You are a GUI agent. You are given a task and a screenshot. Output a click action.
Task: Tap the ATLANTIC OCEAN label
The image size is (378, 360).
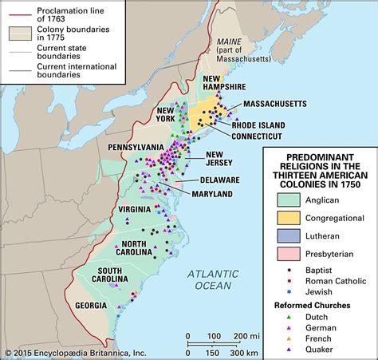pos(210,279)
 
